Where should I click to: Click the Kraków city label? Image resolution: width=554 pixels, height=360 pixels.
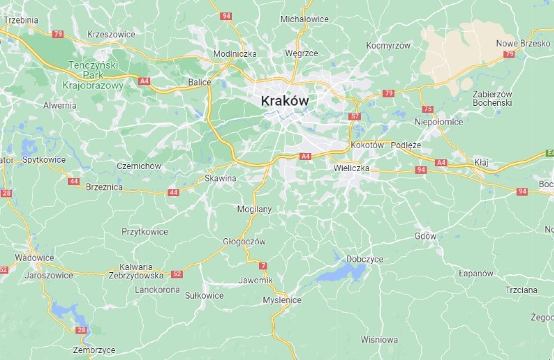tap(284, 101)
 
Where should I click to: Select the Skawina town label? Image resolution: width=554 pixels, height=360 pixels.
tap(220, 178)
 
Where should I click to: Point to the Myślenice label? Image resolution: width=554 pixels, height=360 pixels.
tap(282, 300)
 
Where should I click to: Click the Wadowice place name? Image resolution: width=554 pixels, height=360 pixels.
tap(34, 258)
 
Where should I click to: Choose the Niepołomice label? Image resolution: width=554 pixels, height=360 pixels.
tap(438, 122)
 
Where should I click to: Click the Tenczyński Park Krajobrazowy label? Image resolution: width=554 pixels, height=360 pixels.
tap(96, 75)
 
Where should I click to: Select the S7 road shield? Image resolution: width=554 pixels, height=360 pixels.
tap(355, 116)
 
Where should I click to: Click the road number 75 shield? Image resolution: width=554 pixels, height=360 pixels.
tap(427, 109)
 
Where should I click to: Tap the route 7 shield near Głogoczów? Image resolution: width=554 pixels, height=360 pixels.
tap(262, 266)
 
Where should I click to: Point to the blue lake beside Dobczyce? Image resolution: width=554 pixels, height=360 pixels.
tap(341, 271)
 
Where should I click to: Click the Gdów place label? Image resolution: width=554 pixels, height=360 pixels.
tap(425, 236)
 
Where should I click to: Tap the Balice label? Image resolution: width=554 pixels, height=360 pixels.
tap(199, 82)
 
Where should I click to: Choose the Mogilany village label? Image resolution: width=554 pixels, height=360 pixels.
tap(254, 208)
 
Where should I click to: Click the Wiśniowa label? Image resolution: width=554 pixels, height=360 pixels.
tap(379, 339)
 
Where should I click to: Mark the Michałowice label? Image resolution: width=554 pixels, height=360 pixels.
tap(304, 19)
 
